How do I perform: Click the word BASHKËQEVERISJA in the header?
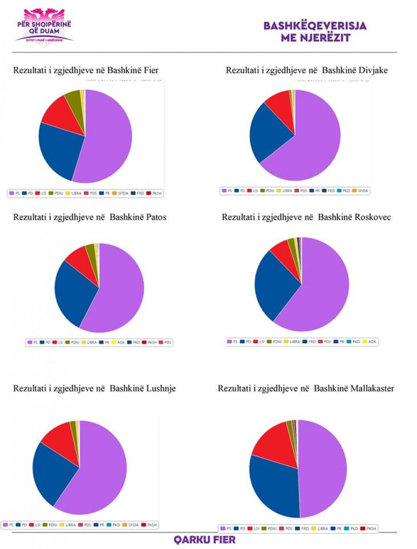tap(315, 26)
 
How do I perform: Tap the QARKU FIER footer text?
tap(204, 540)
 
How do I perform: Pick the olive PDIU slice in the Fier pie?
tap(74, 99)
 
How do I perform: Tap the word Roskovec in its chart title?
tap(373, 217)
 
